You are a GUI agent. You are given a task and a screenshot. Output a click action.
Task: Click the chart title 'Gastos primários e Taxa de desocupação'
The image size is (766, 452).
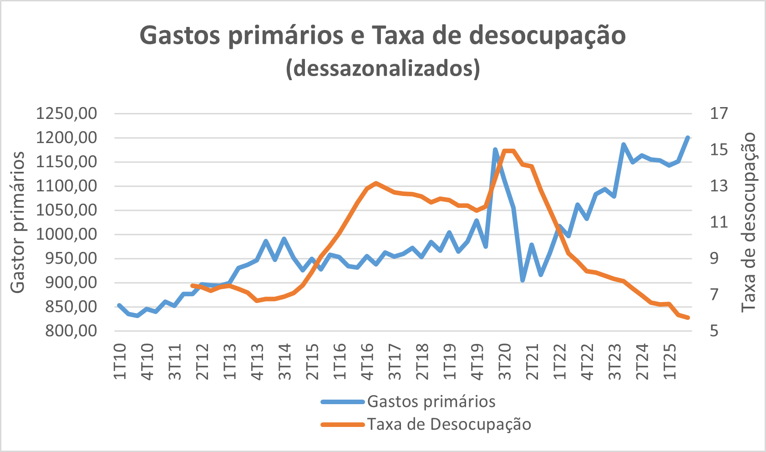pyautogui.click(x=382, y=36)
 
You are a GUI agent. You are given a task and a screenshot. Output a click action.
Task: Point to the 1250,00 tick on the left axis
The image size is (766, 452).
pyautogui.click(x=66, y=113)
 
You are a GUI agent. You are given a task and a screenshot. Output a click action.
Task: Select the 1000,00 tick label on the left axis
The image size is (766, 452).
pyautogui.click(x=66, y=234)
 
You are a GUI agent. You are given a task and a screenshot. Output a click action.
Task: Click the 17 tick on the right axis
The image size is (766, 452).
pyautogui.click(x=719, y=113)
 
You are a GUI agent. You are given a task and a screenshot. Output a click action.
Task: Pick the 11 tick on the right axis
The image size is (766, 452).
pyautogui.click(x=719, y=222)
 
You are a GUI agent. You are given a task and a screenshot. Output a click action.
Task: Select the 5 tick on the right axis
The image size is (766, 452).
pyautogui.click(x=719, y=331)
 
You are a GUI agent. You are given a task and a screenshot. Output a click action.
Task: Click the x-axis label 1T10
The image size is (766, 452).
pyautogui.click(x=120, y=362)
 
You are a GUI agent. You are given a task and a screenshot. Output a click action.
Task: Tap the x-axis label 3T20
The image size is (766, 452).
pyautogui.click(x=505, y=362)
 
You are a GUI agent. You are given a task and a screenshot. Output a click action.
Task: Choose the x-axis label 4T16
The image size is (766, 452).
pyautogui.click(x=367, y=362)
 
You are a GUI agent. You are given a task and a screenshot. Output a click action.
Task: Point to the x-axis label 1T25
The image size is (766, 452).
pyautogui.click(x=670, y=362)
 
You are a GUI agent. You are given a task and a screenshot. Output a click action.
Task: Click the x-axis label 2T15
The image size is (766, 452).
pyautogui.click(x=312, y=362)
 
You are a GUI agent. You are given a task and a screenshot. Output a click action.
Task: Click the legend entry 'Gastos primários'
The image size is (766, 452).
pyautogui.click(x=431, y=401)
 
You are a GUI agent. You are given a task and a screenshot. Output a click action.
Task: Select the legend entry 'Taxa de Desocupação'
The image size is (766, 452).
pyautogui.click(x=449, y=424)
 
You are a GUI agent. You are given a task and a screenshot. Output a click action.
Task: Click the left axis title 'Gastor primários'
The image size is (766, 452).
pyautogui.click(x=17, y=222)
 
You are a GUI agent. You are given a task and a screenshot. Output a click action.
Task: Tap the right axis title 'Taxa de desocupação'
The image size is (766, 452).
pyautogui.click(x=748, y=222)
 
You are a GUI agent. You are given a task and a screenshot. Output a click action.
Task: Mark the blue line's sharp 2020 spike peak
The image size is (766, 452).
pyautogui.click(x=495, y=149)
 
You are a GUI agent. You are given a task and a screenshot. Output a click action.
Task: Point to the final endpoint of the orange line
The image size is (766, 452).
pyautogui.click(x=688, y=318)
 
